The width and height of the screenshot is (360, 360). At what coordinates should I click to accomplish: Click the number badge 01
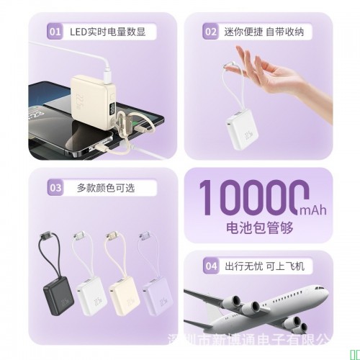[54, 32]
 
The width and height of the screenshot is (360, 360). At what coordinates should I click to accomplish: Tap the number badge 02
[210, 32]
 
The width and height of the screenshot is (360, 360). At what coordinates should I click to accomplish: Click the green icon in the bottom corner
[354, 353]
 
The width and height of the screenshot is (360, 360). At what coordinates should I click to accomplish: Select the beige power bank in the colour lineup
[122, 292]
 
